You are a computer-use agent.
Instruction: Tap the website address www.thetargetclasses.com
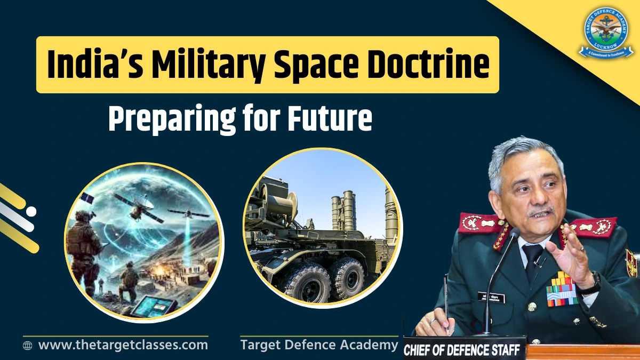point(123,345)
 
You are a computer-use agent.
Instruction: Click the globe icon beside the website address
point(28,346)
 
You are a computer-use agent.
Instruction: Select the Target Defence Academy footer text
point(319,345)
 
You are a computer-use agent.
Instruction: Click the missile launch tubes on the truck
point(343,210)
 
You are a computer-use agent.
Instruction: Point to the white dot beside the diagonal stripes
point(31,211)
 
